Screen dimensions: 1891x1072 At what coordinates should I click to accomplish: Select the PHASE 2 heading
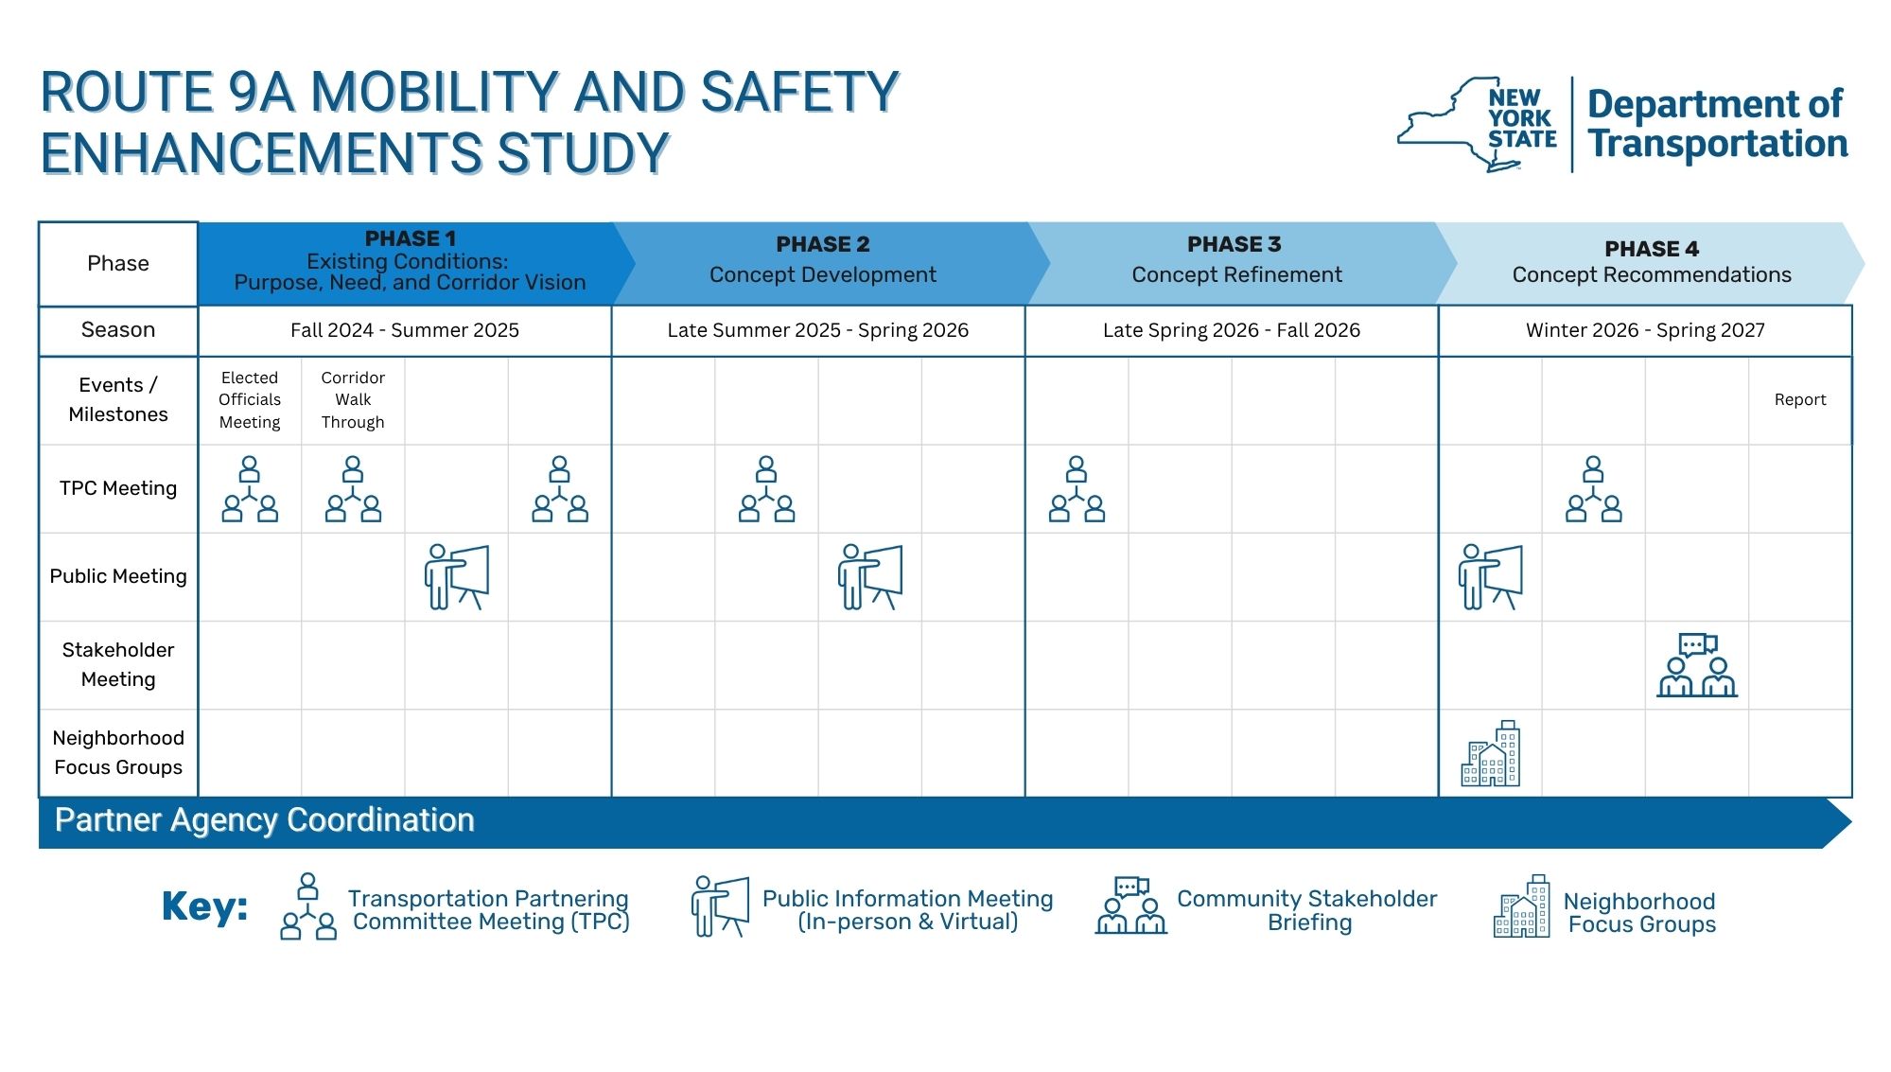(x=822, y=244)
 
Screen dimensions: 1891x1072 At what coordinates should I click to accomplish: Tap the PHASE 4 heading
(x=1652, y=249)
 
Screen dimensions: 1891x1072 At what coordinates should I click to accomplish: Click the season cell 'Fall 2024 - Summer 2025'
(x=405, y=330)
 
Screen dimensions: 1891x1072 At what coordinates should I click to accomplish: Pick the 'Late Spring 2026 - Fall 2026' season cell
(x=1232, y=330)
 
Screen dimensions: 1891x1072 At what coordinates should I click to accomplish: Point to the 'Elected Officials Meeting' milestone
(x=250, y=399)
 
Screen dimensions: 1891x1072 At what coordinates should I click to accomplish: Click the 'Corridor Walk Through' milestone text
(x=353, y=399)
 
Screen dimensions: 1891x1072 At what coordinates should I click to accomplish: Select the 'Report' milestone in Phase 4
(x=1800, y=399)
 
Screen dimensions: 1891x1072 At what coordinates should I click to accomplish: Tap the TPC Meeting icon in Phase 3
(x=1077, y=489)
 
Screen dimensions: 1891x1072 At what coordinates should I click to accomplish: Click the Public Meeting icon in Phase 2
(x=870, y=577)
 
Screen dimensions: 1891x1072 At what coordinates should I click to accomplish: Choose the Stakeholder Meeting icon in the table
(x=1697, y=665)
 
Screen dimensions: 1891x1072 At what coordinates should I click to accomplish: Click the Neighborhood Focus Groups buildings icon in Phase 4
(x=1491, y=753)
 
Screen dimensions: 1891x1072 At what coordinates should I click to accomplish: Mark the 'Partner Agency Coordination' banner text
(x=264, y=820)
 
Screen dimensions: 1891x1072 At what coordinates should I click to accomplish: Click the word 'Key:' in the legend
(x=204, y=906)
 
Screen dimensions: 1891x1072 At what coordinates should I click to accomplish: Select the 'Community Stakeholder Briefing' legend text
(x=1307, y=910)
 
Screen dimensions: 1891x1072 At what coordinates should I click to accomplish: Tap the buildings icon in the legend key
(x=1522, y=906)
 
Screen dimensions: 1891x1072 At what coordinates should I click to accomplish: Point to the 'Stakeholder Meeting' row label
(x=118, y=664)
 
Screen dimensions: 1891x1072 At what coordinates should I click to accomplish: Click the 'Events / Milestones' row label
(x=118, y=399)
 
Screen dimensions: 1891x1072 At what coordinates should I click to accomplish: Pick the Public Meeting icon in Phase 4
(x=1491, y=577)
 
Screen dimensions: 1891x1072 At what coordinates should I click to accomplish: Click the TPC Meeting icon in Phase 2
(x=766, y=489)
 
